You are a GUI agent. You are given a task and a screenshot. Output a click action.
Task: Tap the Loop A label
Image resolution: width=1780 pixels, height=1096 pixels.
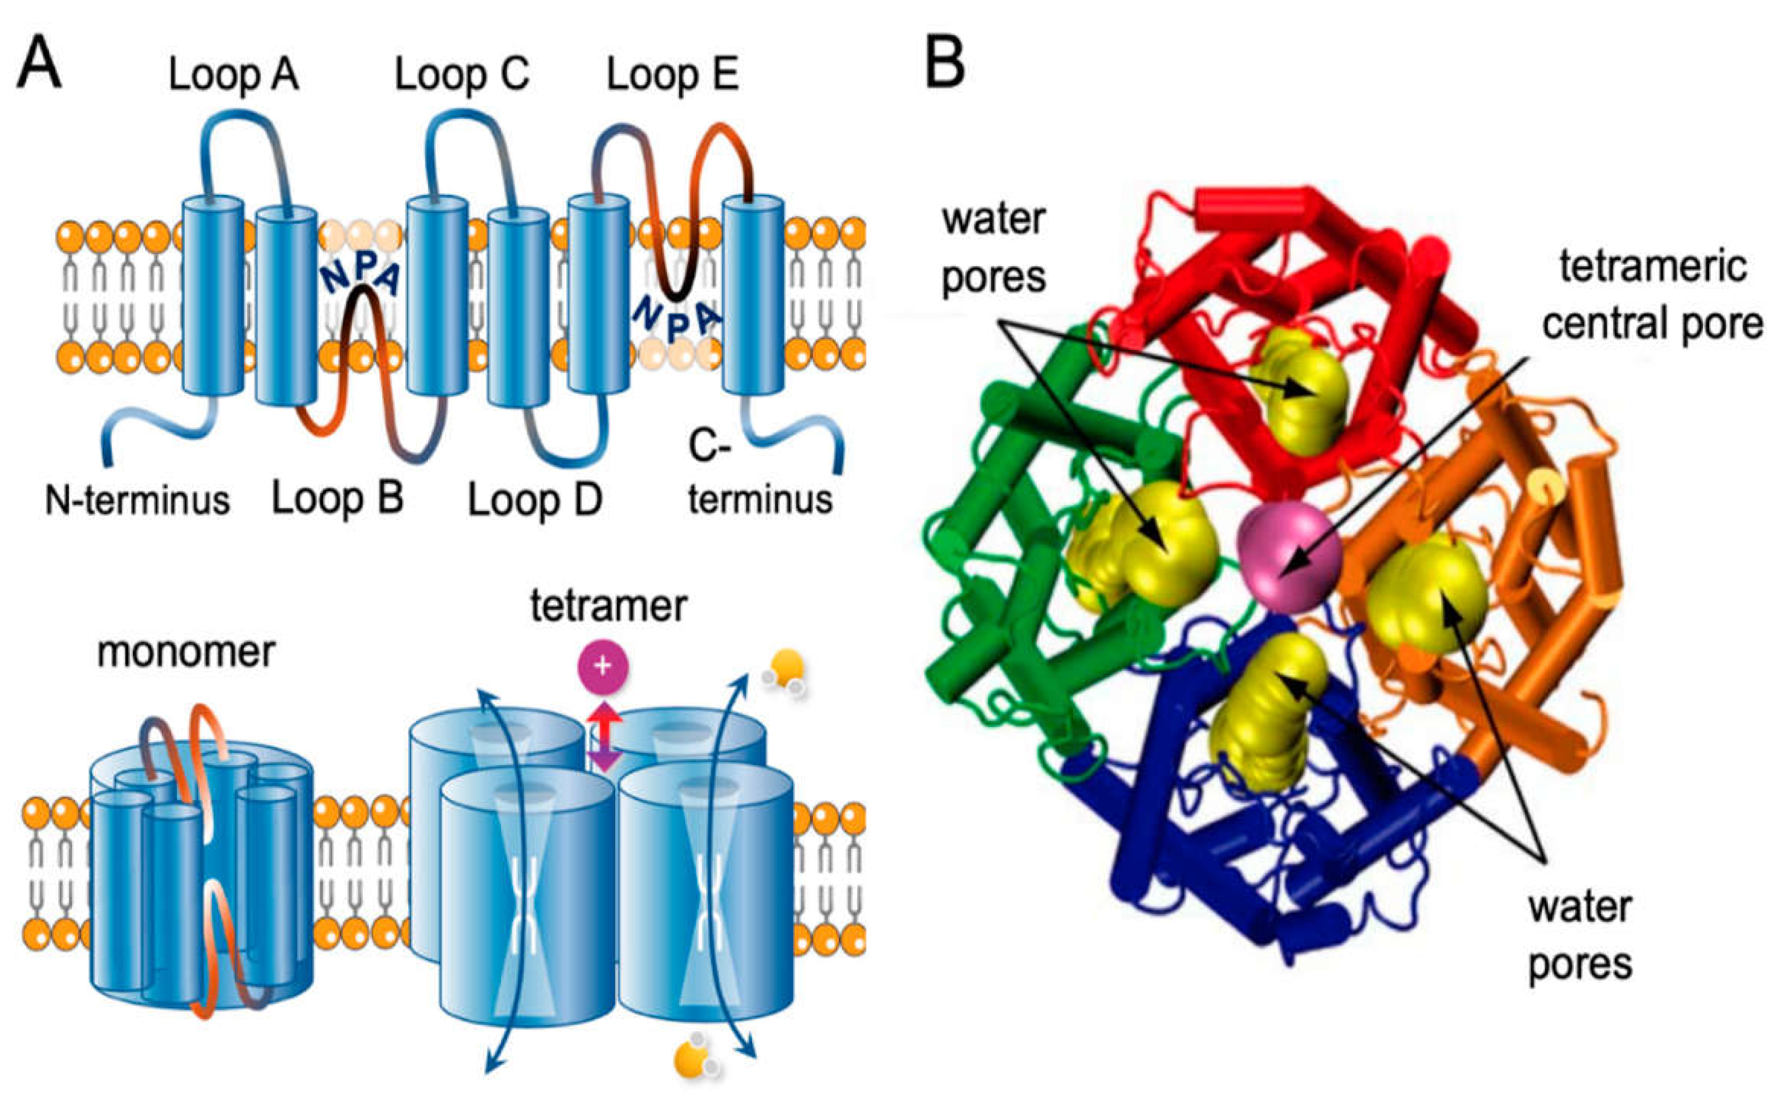pos(233,75)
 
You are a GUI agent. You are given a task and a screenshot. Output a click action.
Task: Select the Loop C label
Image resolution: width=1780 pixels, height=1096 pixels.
pos(461,75)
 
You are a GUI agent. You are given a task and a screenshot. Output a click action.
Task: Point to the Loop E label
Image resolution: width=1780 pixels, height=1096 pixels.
pos(672,75)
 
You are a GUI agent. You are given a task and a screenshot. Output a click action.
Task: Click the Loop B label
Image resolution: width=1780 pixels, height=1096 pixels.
pos(337,499)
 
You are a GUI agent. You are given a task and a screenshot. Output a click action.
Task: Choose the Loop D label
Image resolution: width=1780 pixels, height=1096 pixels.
pos(535,500)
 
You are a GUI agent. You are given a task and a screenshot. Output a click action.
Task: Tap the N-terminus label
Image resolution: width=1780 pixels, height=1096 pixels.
pos(137,500)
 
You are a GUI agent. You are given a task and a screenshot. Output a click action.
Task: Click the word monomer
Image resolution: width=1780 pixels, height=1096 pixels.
pos(186,652)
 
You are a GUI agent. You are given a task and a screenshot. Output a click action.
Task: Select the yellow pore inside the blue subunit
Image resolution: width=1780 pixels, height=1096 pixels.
pos(1265,710)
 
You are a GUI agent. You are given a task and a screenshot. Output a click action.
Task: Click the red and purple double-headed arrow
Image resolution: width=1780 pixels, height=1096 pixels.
pos(604,736)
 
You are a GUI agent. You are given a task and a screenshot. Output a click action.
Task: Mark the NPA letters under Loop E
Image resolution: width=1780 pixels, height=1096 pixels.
pos(676,319)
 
